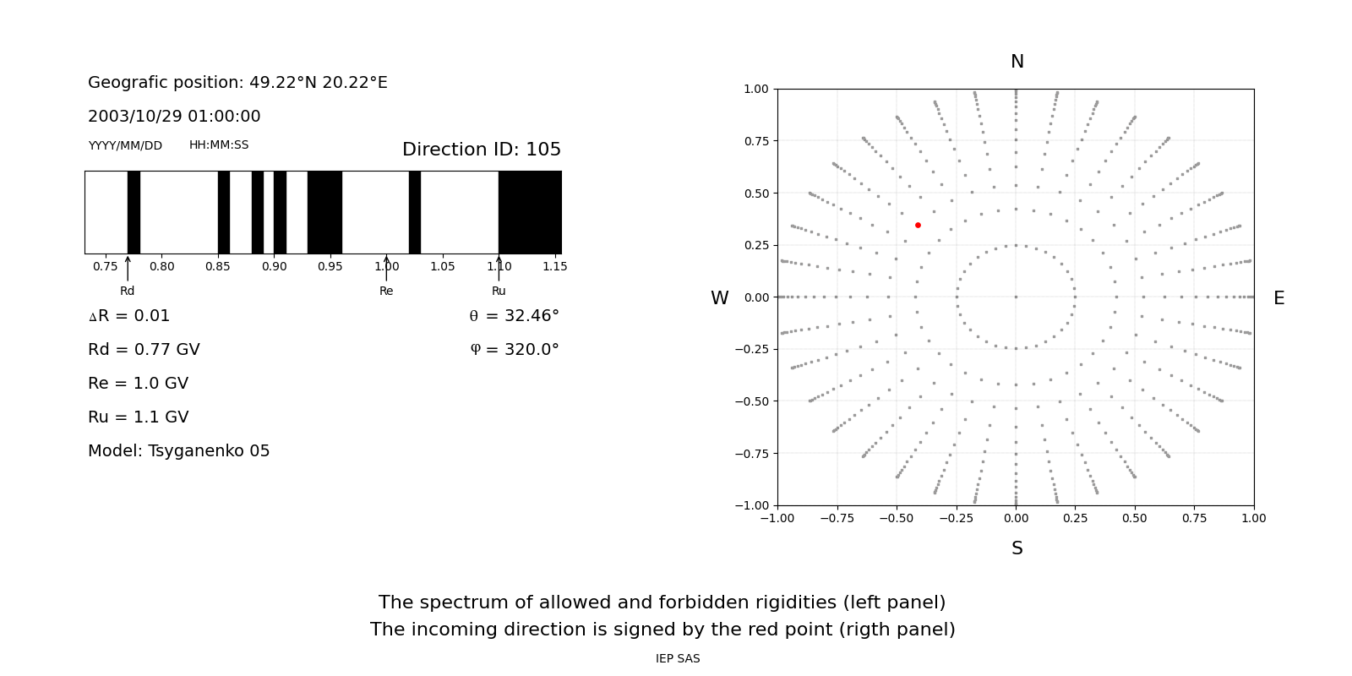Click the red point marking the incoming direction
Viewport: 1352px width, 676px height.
[918, 225]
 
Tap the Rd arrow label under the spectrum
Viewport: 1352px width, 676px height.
[127, 292]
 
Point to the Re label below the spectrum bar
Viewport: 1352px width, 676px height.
[386, 292]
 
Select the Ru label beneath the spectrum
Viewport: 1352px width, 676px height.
[499, 292]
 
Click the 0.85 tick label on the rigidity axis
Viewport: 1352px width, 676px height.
[218, 267]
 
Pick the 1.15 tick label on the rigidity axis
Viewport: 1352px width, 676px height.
[554, 267]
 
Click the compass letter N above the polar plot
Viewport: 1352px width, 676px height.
[1017, 62]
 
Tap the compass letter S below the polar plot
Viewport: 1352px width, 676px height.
[1017, 549]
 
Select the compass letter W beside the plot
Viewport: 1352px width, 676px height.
[719, 298]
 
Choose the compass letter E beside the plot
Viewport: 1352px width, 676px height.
[1278, 298]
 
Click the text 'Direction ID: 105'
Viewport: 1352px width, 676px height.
[482, 150]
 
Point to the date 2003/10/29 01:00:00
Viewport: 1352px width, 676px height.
[174, 117]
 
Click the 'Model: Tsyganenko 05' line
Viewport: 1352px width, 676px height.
[179, 451]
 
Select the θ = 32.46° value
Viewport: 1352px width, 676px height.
[514, 316]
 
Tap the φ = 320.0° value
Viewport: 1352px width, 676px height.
[515, 350]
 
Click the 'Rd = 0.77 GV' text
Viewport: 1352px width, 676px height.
[144, 350]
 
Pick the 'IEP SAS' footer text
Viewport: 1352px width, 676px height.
[678, 659]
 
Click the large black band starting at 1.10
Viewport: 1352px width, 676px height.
[530, 212]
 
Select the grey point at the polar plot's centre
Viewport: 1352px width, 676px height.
[1016, 297]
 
